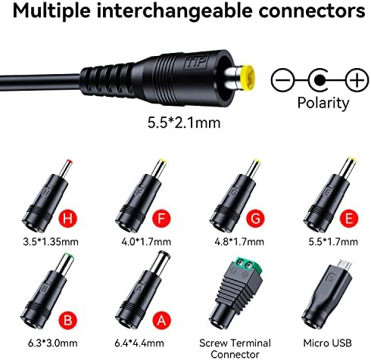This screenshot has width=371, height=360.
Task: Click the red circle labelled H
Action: click(67, 219)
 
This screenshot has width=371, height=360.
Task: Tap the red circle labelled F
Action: click(161, 219)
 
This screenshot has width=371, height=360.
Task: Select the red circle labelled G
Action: click(255, 219)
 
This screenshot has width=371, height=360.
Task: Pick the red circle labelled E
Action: click(349, 219)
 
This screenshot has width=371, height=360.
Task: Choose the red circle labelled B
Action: click(67, 321)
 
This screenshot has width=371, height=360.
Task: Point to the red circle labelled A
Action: click(161, 321)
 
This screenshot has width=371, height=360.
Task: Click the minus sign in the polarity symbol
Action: click(283, 80)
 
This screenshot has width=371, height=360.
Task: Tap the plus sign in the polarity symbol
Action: click(357, 80)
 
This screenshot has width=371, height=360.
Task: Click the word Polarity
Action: click(323, 103)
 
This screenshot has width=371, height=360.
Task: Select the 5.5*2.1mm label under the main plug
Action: click(184, 123)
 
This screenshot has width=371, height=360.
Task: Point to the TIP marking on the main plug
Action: click(195, 62)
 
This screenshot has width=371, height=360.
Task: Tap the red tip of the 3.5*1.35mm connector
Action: click(69, 162)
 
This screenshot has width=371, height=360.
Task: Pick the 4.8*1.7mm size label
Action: click(239, 242)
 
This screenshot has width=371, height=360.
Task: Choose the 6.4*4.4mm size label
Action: click(139, 343)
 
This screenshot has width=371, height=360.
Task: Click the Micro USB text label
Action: click(327, 343)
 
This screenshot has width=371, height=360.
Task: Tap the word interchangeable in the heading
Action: click(175, 11)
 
